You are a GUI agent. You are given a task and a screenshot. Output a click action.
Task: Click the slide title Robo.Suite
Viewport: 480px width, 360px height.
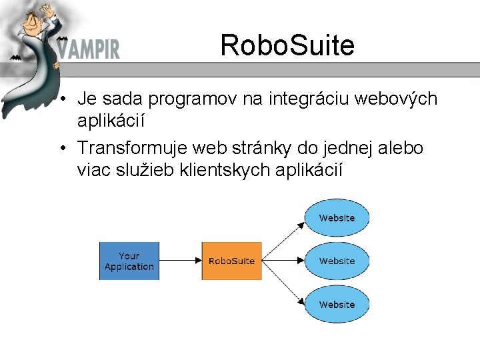pyautogui.click(x=287, y=45)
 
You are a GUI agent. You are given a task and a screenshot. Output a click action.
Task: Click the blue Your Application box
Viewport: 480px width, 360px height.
pyautogui.click(x=129, y=261)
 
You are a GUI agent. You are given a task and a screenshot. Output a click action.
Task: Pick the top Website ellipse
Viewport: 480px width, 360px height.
pyautogui.click(x=337, y=218)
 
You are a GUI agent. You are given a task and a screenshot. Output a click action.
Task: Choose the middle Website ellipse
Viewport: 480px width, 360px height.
pyautogui.click(x=337, y=261)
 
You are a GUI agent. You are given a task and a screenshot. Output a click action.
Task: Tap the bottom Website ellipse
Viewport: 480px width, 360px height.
pyautogui.click(x=337, y=304)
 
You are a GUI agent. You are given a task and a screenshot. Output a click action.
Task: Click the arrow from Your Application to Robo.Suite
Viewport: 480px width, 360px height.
pyautogui.click(x=180, y=261)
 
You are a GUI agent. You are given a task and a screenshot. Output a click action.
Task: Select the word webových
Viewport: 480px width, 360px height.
pyautogui.click(x=399, y=100)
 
